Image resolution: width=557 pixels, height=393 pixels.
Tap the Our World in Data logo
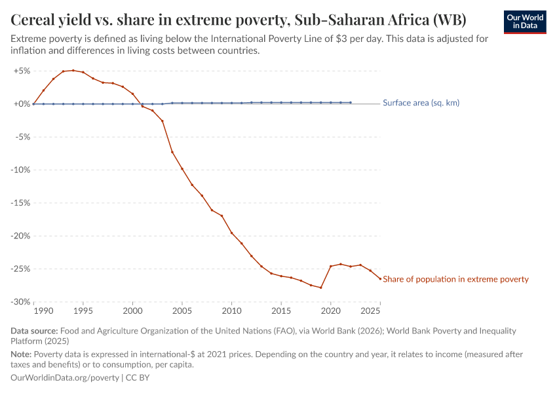click(525, 22)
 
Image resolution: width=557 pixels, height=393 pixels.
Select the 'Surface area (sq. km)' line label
click(421, 103)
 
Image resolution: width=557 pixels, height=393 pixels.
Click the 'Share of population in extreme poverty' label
click(455, 279)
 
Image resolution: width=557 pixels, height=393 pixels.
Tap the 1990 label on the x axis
click(44, 310)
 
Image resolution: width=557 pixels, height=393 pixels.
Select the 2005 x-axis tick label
click(182, 310)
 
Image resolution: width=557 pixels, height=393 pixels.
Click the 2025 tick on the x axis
click(371, 310)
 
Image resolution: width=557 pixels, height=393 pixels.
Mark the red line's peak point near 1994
click(73, 70)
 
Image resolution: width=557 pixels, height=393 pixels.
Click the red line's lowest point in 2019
click(321, 288)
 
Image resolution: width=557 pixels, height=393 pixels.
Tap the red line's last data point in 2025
click(380, 279)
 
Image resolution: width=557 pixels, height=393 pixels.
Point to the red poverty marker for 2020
click(331, 266)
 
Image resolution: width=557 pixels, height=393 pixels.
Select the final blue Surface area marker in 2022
click(351, 102)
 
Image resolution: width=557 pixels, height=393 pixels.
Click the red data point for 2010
click(232, 233)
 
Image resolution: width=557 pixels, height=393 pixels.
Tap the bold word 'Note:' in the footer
click(24, 354)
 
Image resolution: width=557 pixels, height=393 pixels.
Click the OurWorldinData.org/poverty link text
click(65, 378)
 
